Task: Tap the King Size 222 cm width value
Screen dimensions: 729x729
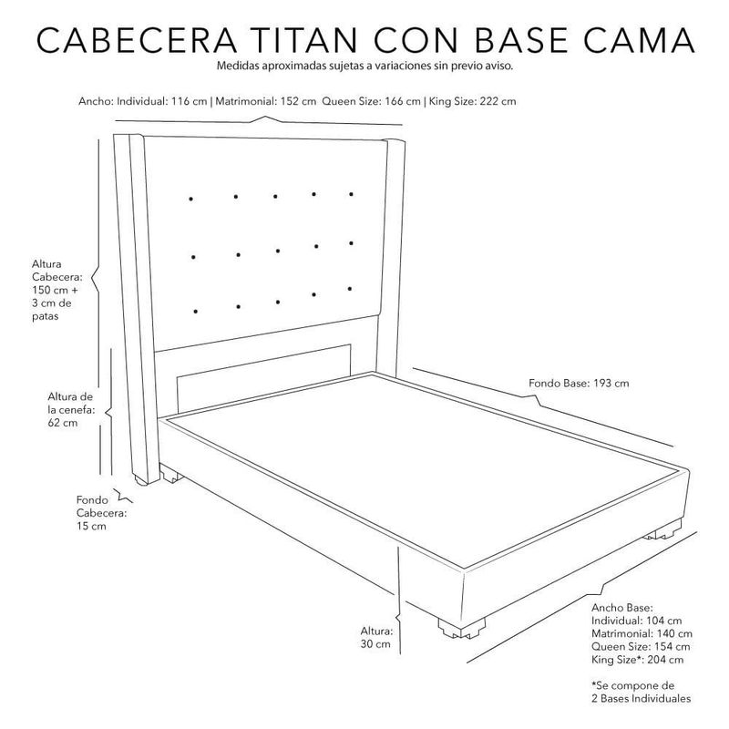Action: point(472,101)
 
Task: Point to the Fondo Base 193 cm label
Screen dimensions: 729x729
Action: point(579,383)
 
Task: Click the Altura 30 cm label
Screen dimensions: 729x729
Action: point(376,637)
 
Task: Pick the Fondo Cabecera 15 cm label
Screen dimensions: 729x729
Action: point(101,513)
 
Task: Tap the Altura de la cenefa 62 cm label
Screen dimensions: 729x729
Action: point(70,409)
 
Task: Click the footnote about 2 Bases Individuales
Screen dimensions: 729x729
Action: point(642,692)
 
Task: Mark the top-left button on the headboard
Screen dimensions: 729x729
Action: point(190,199)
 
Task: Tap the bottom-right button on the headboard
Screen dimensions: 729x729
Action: point(350,289)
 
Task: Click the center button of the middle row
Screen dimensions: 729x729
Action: point(278,252)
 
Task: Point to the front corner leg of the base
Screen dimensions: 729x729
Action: point(461,629)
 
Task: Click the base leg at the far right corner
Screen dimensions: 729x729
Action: point(662,533)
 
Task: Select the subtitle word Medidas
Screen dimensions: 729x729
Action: point(238,66)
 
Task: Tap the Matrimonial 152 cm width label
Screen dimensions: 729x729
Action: point(265,101)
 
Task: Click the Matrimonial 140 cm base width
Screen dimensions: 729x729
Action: point(642,633)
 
